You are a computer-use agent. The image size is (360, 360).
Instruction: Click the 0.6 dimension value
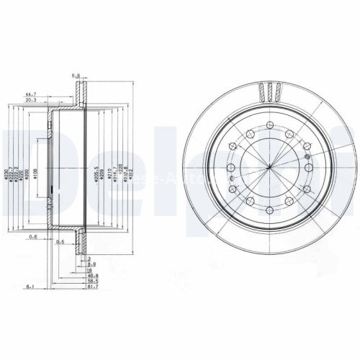pos(34,237)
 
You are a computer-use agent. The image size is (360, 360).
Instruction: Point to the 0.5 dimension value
pos(60,242)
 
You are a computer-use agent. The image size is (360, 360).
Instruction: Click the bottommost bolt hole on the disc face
pos(268,211)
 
